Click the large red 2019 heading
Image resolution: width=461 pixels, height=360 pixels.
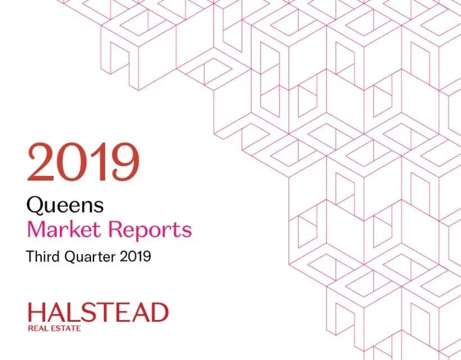pyautogui.click(x=83, y=162)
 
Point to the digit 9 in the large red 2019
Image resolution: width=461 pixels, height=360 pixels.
pyautogui.click(x=125, y=162)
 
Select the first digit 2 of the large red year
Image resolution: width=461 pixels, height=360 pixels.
pyautogui.click(x=42, y=162)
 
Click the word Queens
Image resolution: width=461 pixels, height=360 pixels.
pyautogui.click(x=65, y=205)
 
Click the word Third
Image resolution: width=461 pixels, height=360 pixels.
pyautogui.click(x=43, y=256)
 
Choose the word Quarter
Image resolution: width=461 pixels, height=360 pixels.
pyautogui.click(x=90, y=256)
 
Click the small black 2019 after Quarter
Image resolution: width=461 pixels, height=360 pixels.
pyautogui.click(x=135, y=256)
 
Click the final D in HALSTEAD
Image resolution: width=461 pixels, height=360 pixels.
pyautogui.click(x=160, y=313)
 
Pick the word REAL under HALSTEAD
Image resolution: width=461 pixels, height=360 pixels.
pyautogui.click(x=38, y=328)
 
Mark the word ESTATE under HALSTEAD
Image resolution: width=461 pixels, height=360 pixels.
pyautogui.click(x=66, y=328)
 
